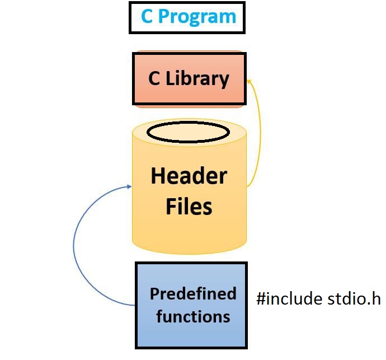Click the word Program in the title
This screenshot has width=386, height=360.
(x=197, y=17)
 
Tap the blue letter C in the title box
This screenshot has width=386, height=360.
(x=147, y=16)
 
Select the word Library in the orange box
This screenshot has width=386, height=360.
(x=197, y=79)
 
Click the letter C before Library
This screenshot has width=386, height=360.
(x=154, y=78)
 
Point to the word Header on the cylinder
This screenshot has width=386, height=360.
(x=189, y=176)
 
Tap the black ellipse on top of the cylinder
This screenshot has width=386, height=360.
(x=189, y=132)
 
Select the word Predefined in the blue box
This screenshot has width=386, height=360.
(x=193, y=294)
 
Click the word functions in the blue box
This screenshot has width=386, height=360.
(x=193, y=316)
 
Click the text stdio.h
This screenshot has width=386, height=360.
(x=354, y=298)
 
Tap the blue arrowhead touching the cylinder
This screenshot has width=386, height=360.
(x=129, y=186)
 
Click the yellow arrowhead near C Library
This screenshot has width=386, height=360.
(x=249, y=81)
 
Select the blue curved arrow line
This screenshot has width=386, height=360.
(x=74, y=246)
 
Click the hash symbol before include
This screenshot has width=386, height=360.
(x=261, y=298)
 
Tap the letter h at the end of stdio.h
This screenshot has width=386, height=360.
(x=376, y=298)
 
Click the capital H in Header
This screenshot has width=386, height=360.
(x=157, y=176)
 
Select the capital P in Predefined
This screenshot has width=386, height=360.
(x=155, y=294)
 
